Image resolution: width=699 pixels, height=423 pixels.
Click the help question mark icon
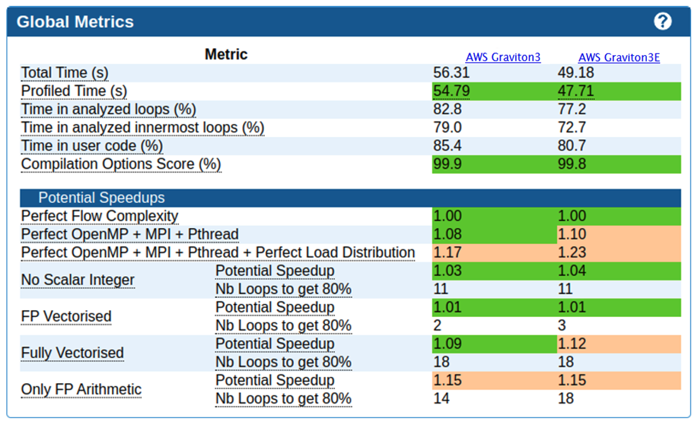coord(662,22)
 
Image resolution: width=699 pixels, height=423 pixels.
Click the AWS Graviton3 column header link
coord(503,57)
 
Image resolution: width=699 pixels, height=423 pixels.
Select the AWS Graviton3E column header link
coord(619,58)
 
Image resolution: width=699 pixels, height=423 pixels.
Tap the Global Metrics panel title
coord(75,22)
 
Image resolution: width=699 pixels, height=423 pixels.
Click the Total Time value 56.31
coord(451,73)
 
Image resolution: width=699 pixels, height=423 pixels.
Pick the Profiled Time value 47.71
coord(575,91)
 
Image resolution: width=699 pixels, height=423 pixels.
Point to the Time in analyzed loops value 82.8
coord(447,109)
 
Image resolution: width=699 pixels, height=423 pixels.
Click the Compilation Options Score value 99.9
coord(447,164)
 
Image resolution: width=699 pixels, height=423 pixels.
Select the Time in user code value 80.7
coord(571,146)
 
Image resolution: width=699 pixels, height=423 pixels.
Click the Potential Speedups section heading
coord(102,198)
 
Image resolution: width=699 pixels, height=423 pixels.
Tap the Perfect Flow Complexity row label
coord(100,216)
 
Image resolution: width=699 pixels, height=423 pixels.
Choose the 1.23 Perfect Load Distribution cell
coord(571,252)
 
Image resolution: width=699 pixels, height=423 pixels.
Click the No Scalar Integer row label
coord(78,280)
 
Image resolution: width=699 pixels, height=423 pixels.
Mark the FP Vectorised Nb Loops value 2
coord(437,325)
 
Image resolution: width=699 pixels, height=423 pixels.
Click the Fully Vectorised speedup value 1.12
coord(571,344)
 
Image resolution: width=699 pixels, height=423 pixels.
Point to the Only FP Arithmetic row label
coord(81,390)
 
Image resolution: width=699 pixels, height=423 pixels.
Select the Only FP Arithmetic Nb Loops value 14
coord(441,398)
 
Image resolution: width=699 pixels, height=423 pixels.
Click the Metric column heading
coord(226,54)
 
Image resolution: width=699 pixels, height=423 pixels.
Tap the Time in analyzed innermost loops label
coord(142,128)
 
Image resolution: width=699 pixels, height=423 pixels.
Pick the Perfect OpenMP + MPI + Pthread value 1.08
coord(447,234)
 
